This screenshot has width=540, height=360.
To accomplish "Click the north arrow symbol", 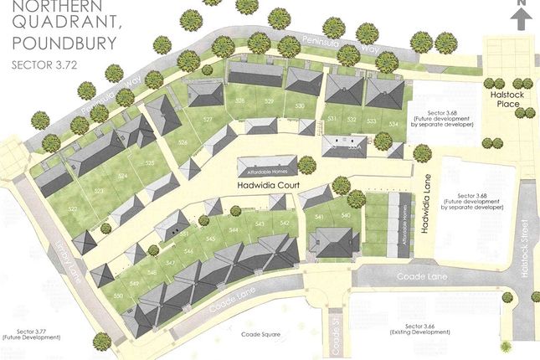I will click(521, 16).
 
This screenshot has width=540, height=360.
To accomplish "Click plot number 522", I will click(73, 208).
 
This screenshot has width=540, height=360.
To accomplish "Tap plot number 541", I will click(319, 218).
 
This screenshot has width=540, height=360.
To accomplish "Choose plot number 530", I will click(300, 106).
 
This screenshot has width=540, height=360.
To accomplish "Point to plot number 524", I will click(123, 177).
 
